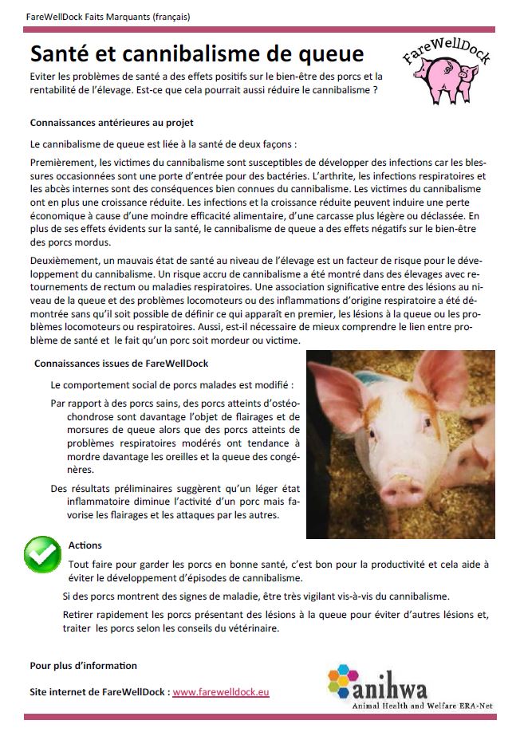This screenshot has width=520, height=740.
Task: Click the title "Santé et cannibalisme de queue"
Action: coord(196,53)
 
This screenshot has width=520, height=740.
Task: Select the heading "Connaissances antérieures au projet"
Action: coord(112,123)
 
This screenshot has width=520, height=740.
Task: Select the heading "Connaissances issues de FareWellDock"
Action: coord(121,364)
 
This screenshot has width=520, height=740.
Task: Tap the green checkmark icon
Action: coord(42,553)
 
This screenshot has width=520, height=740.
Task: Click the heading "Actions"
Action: coord(85,545)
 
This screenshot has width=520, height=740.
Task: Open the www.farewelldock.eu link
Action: coord(221,692)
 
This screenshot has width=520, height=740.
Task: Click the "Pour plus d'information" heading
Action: coord(83,665)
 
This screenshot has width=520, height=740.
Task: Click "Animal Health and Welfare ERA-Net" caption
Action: coord(424,707)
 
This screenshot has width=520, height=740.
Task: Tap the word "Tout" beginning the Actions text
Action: coord(79,563)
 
